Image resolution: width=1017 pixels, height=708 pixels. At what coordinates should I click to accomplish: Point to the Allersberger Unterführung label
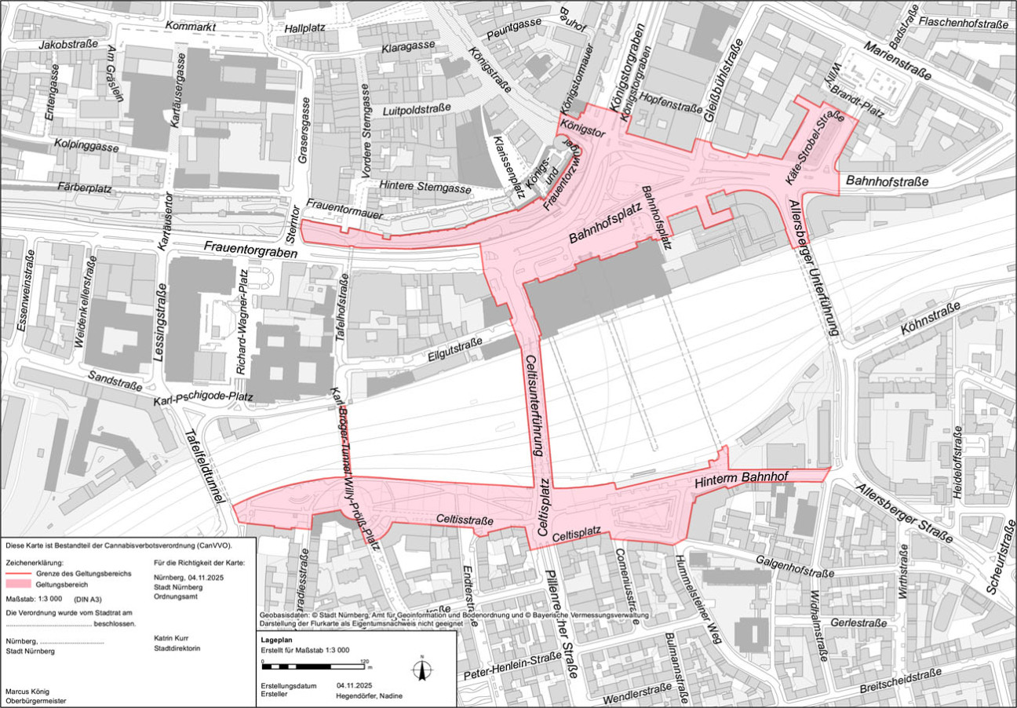coord(815,268)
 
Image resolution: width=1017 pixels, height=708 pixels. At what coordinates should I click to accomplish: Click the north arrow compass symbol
coord(422,669)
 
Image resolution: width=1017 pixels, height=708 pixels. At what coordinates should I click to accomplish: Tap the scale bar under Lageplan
coord(315,666)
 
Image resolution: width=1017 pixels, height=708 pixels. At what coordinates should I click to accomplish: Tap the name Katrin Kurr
coord(172,638)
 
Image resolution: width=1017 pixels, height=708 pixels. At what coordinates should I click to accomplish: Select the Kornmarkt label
coord(191,26)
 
